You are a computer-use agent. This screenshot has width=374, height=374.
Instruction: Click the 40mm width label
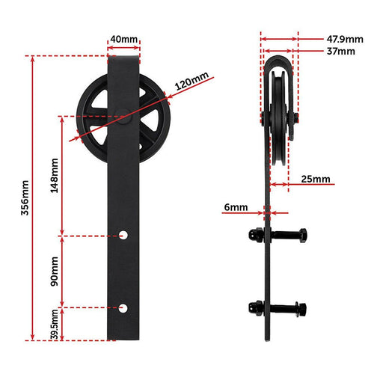pos(123,39)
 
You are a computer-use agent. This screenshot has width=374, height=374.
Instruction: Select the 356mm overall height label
pos(25,197)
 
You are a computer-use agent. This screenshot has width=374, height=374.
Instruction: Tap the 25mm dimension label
pos(317,180)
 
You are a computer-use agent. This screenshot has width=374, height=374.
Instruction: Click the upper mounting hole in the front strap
pos(124,235)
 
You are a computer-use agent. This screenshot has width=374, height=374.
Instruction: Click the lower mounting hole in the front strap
pos(124,307)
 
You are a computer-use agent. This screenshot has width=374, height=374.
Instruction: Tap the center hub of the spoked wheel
pos(120,114)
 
